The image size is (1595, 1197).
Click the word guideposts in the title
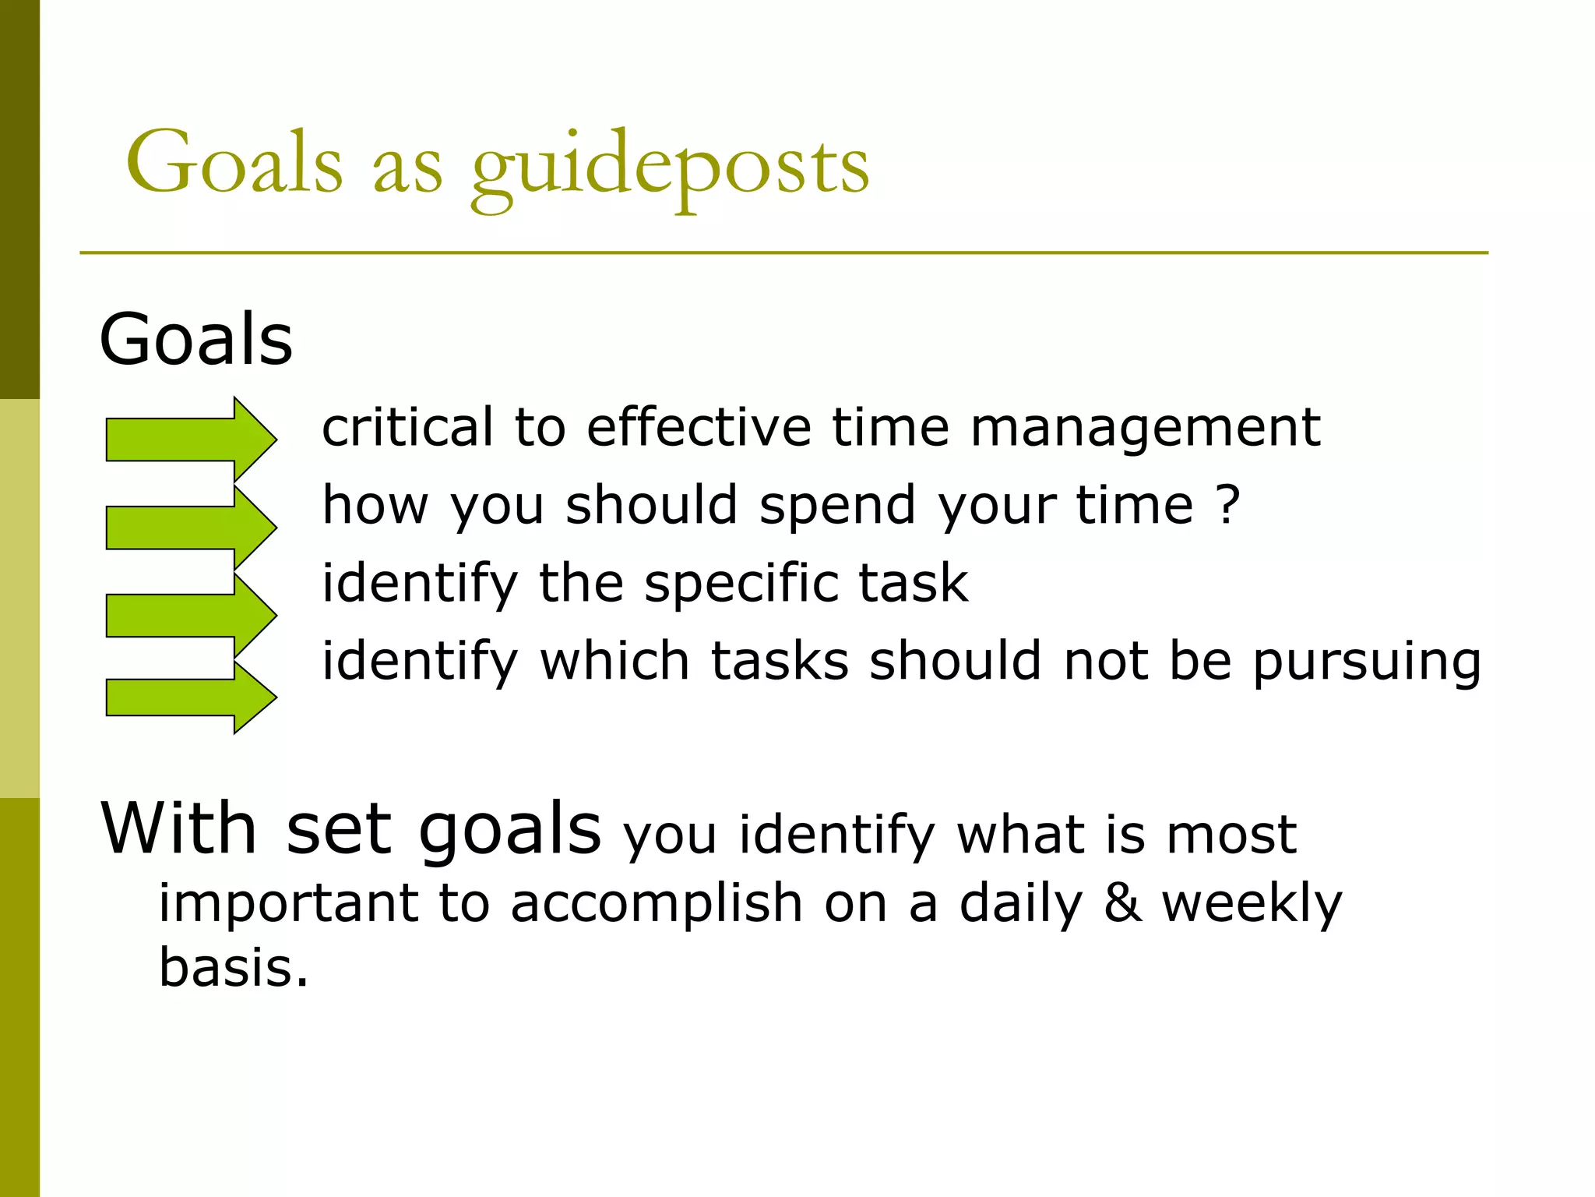tap(670, 168)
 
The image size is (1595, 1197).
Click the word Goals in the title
tap(234, 164)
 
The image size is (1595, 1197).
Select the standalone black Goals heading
tap(196, 340)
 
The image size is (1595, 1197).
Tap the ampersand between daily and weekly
tap(1122, 904)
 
